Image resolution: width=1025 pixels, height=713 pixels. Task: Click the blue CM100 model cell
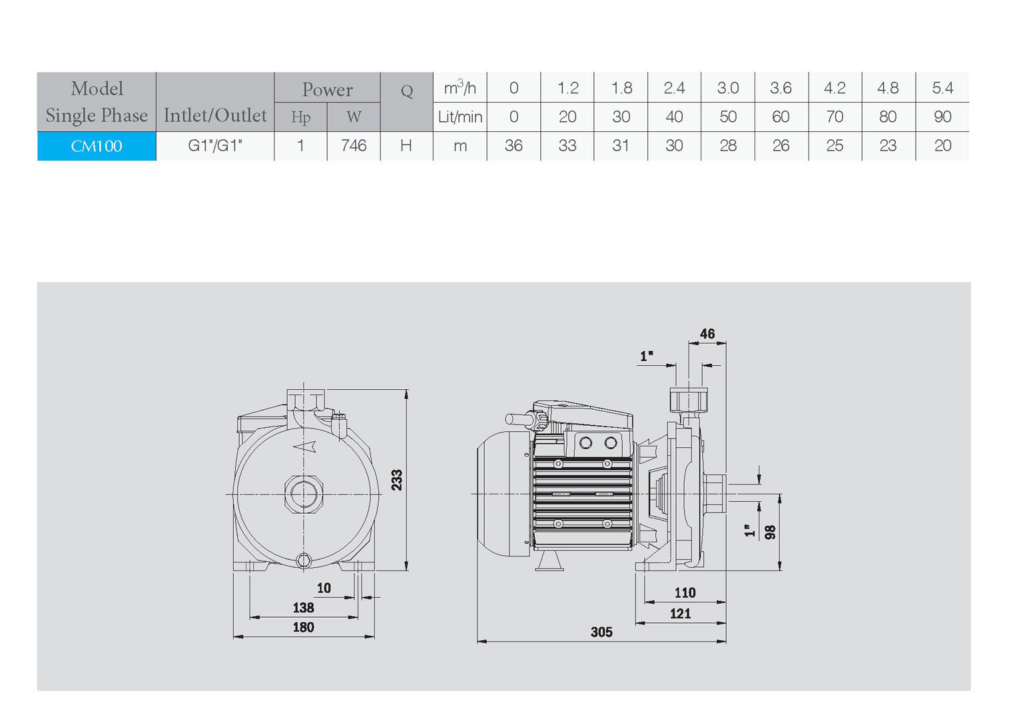(x=97, y=146)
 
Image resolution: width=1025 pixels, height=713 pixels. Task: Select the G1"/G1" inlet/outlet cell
(x=215, y=146)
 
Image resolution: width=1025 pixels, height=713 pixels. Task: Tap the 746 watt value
(x=354, y=146)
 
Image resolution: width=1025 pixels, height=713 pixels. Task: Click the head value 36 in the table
(x=513, y=146)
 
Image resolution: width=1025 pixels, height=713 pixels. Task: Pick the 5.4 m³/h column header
(x=942, y=87)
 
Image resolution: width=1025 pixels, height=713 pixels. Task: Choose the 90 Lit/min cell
(x=942, y=117)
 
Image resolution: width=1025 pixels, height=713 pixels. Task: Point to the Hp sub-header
(x=300, y=117)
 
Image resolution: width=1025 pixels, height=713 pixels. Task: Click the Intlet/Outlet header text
(x=215, y=115)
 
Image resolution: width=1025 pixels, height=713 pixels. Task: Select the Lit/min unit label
(x=460, y=117)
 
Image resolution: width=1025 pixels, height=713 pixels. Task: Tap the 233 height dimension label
(x=397, y=480)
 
